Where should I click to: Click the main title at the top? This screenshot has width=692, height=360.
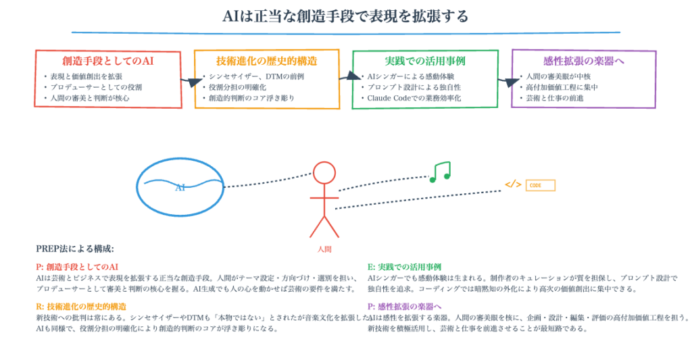click(x=345, y=16)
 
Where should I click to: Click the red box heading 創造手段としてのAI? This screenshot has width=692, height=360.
click(x=108, y=61)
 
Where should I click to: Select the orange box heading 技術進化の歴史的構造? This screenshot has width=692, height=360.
click(x=266, y=61)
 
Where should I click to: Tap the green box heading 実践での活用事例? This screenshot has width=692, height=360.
click(x=425, y=61)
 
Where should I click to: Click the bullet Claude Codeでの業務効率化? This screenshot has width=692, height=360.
click(x=414, y=98)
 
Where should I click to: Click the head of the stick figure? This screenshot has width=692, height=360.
click(x=324, y=173)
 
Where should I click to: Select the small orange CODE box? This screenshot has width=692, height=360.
click(x=540, y=185)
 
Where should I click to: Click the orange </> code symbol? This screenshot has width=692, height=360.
click(x=513, y=184)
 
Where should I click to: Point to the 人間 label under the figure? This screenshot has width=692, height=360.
click(x=324, y=249)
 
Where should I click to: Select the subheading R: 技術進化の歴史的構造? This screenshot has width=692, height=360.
click(x=81, y=306)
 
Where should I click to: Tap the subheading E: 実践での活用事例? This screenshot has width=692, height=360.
click(x=404, y=267)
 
